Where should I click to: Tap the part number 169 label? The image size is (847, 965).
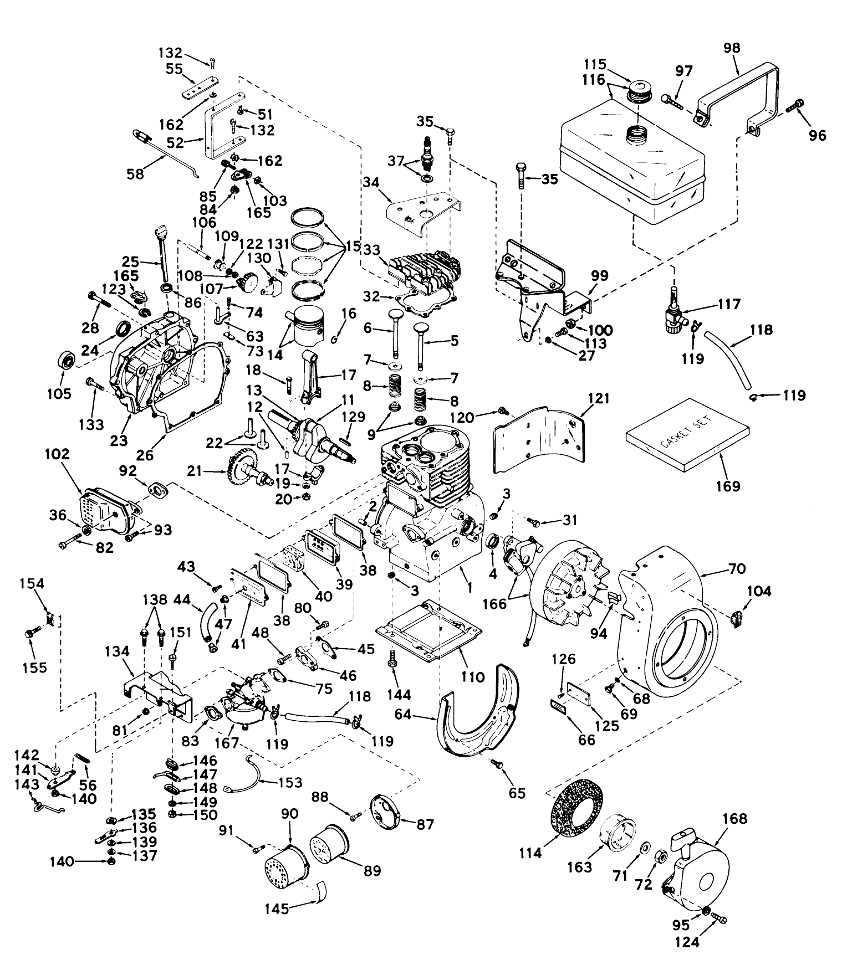(728, 486)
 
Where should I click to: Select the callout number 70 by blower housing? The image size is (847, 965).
(737, 569)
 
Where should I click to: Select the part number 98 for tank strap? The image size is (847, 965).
(732, 48)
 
